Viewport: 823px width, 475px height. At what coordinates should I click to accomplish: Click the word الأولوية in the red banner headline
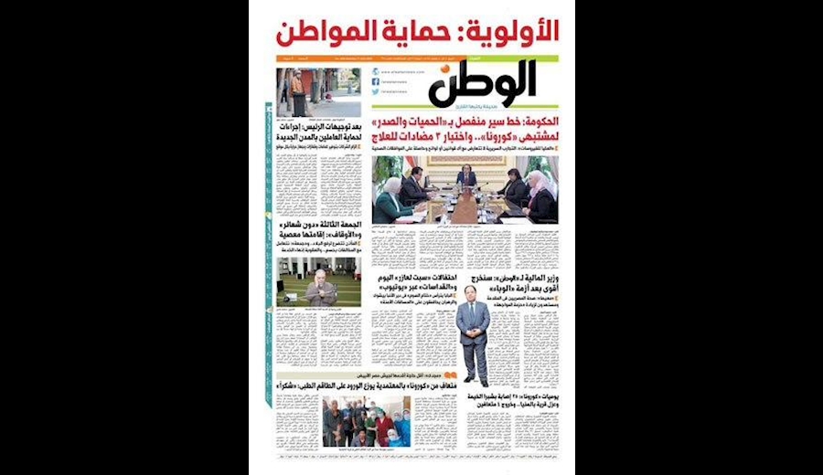[x=513, y=31]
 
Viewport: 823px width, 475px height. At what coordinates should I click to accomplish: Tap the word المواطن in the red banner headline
[x=328, y=31]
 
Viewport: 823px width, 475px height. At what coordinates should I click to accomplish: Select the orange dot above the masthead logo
[x=446, y=69]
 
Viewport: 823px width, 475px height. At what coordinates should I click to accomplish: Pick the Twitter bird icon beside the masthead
[x=376, y=92]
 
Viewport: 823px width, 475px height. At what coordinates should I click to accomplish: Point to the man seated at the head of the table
[x=467, y=177]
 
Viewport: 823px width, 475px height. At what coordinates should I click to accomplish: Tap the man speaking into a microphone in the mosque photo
[x=316, y=291]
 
